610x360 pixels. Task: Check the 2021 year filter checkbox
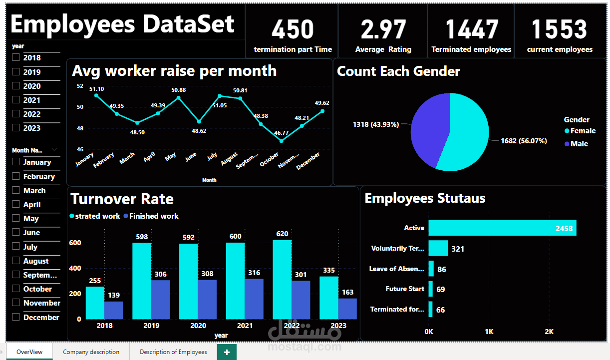15,100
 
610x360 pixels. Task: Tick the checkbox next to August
15,261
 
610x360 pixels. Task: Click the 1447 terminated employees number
471,29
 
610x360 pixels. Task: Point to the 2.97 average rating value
383,29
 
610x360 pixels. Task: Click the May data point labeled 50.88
178,98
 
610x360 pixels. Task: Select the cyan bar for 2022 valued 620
282,280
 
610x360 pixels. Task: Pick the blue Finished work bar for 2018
114,310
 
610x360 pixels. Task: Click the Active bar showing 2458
502,228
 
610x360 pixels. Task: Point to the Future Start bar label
405,289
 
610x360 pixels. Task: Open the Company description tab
91,352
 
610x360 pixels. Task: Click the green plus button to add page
227,352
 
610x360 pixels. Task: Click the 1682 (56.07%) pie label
524,141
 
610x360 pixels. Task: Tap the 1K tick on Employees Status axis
489,332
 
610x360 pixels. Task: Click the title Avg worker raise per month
174,71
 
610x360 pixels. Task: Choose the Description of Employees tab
173,352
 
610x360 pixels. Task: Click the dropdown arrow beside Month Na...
54,150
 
